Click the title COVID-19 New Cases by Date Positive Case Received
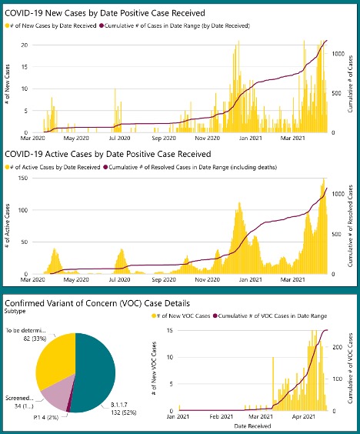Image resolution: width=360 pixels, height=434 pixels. [105, 13]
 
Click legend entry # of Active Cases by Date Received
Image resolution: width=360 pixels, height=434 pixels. [55, 167]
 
